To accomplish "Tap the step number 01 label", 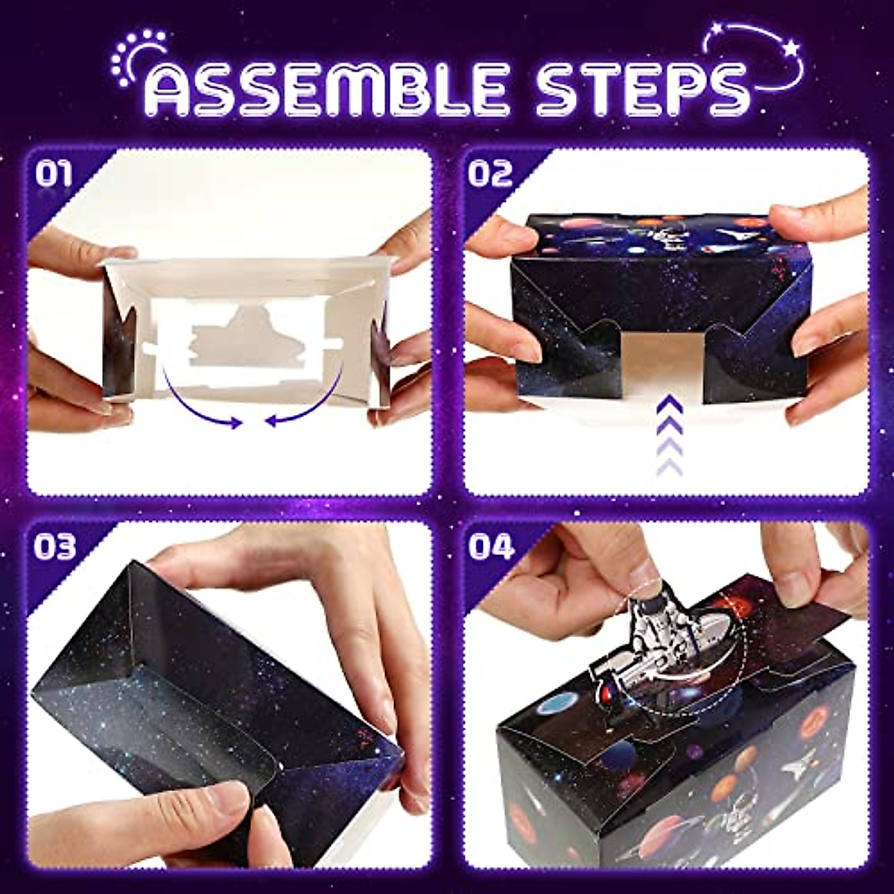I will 54,175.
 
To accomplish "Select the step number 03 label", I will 54,547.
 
